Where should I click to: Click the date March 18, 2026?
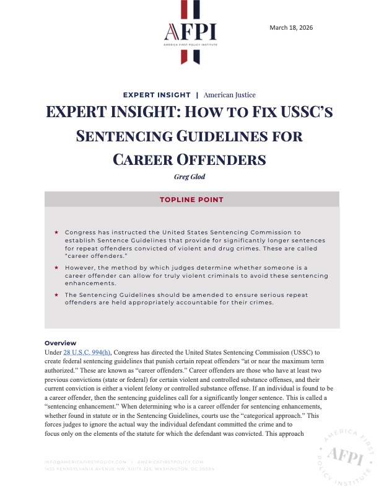(x=292, y=28)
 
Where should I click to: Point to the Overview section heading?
(x=60, y=343)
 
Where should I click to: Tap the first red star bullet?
(x=56, y=232)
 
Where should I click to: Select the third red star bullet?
(x=56, y=294)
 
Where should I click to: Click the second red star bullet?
(x=56, y=263)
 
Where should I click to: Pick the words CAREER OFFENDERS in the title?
(x=189, y=159)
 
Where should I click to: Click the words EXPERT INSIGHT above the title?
(x=157, y=95)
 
